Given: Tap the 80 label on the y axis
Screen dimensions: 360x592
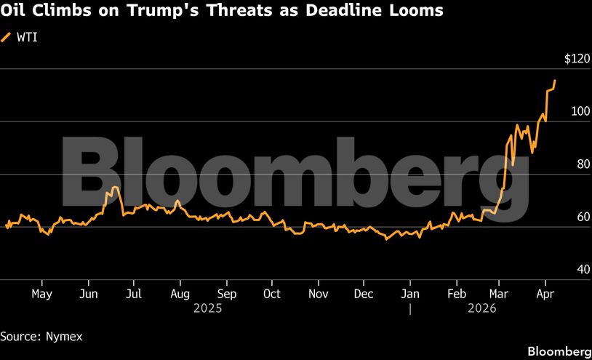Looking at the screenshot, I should pyautogui.click(x=583, y=164).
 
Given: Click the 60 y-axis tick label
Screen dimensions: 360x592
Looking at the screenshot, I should pyautogui.click(x=583, y=217).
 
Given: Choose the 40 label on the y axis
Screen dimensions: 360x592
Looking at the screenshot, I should pyautogui.click(x=583, y=269).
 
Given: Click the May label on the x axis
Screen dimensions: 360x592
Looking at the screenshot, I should pyautogui.click(x=42, y=294).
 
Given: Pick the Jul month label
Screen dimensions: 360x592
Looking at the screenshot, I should pyautogui.click(x=134, y=294).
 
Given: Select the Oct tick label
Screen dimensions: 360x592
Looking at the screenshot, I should pyautogui.click(x=271, y=294).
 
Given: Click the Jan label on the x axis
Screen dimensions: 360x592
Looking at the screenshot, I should pyautogui.click(x=410, y=294).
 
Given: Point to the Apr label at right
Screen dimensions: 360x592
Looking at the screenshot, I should pyautogui.click(x=545, y=294).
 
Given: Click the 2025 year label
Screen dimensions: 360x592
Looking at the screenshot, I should pyautogui.click(x=207, y=308).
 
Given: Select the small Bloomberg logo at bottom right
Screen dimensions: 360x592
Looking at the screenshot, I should pyautogui.click(x=559, y=351).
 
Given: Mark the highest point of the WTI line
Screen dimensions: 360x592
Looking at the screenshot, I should pyautogui.click(x=555, y=81).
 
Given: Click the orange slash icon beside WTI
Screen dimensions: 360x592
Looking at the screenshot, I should pyautogui.click(x=7, y=36).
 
